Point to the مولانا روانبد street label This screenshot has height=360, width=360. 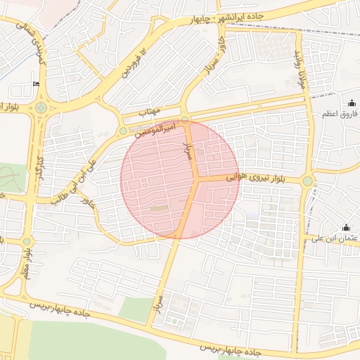[x=299, y=60]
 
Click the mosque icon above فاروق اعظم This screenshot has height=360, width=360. [x=351, y=103]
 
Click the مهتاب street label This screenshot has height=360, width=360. [x=150, y=112]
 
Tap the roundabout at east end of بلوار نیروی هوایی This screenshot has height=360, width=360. [x=307, y=181]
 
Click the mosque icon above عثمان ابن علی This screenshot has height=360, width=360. [x=346, y=227]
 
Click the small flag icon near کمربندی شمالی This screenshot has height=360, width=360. [x=36, y=84]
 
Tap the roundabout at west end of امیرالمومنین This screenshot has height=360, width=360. [x=123, y=131]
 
